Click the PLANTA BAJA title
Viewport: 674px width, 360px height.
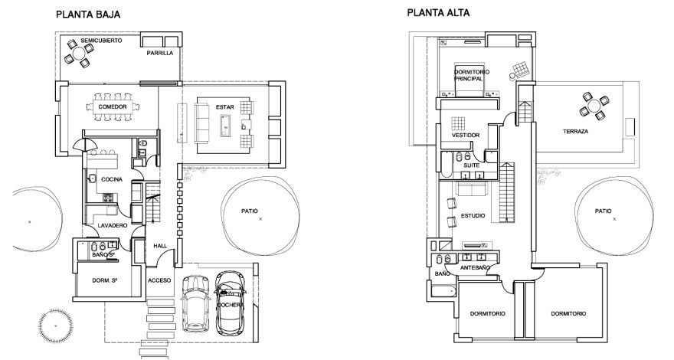tap(88, 15)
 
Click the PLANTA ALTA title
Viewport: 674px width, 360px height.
tap(439, 13)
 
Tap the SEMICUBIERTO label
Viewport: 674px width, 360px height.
tap(101, 40)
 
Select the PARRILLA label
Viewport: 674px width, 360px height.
tap(161, 54)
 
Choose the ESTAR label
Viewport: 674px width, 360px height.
tap(224, 99)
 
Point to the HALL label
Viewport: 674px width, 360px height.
tap(160, 246)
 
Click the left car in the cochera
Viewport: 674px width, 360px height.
tap(196, 301)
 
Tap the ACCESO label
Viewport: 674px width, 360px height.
tap(159, 280)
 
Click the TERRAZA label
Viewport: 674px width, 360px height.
tap(575, 132)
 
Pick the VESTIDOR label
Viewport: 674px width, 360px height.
tap(466, 135)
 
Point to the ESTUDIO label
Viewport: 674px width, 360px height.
tap(473, 216)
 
